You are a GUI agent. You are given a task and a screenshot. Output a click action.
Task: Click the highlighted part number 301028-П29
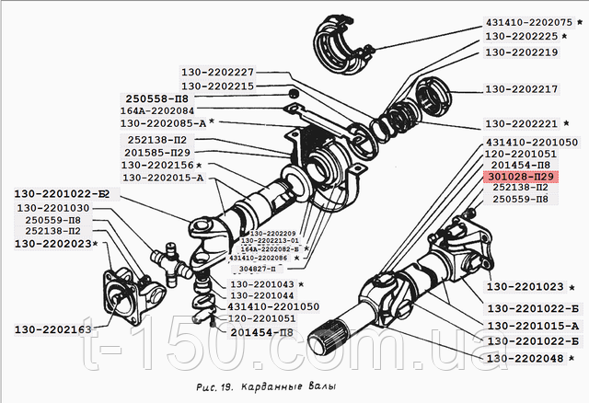521,176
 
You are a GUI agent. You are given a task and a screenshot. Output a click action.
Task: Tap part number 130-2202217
521,90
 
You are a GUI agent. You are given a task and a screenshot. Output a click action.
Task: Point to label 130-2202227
217,71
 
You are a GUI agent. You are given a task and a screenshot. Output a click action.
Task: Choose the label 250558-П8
159,98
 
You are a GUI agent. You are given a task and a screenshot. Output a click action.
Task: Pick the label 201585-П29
159,152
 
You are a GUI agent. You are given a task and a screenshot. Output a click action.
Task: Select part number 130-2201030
58,209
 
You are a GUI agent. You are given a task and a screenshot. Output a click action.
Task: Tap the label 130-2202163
53,328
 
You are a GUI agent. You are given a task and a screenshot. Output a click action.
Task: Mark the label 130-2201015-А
533,326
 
